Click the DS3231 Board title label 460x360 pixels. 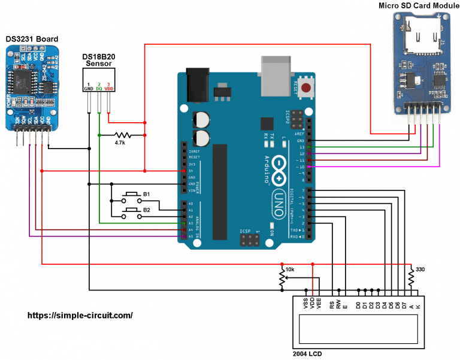pyautogui.click(x=31, y=40)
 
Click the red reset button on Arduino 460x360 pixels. pyautogui.click(x=307, y=89)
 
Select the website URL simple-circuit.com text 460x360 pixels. pyautogui.click(x=80, y=315)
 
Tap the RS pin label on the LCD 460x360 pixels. pyautogui.click(x=332, y=304)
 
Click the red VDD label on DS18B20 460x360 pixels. pyautogui.click(x=108, y=88)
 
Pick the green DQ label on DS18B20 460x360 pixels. pyautogui.click(x=98, y=88)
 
